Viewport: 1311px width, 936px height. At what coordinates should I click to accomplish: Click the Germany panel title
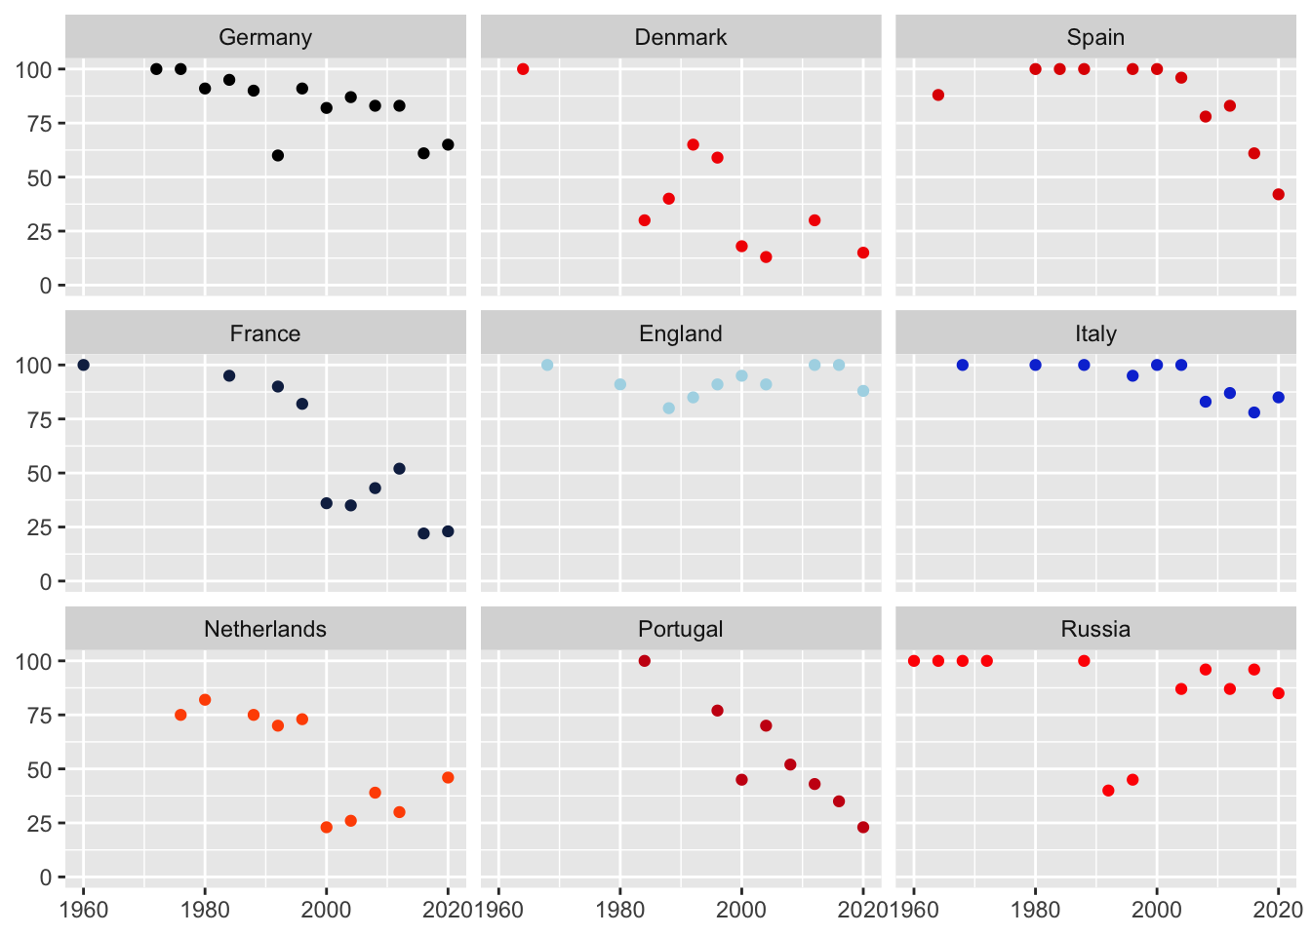[x=265, y=37]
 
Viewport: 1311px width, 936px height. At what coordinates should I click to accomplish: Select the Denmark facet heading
[x=680, y=37]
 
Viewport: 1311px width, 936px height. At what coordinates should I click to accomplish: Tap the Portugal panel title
[x=680, y=629]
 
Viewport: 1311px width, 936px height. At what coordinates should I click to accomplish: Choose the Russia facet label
[x=1095, y=629]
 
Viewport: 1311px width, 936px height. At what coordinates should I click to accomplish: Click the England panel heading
[x=680, y=333]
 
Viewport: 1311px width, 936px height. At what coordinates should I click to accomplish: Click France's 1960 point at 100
[x=83, y=365]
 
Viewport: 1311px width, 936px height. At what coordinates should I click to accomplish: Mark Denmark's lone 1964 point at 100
[x=523, y=69]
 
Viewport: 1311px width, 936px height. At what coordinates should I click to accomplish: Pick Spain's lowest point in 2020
[x=1278, y=194]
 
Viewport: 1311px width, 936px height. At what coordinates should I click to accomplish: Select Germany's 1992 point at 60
[x=278, y=155]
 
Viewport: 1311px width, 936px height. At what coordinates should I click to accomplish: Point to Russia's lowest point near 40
[x=1108, y=791]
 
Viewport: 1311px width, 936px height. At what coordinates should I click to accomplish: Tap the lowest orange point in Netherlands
[x=327, y=827]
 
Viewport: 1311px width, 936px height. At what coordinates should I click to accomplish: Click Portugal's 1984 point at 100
[x=644, y=661]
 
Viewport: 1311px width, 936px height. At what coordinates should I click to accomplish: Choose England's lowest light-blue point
[x=668, y=409]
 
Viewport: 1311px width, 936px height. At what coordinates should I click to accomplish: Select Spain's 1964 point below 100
[x=937, y=95]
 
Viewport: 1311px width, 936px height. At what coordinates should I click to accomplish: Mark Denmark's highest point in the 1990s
[x=693, y=144]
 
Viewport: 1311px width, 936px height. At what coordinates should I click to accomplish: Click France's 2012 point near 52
[x=399, y=469]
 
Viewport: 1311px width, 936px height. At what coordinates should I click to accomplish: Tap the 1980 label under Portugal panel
[x=620, y=910]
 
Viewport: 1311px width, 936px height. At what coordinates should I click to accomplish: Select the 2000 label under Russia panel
[x=1157, y=910]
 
